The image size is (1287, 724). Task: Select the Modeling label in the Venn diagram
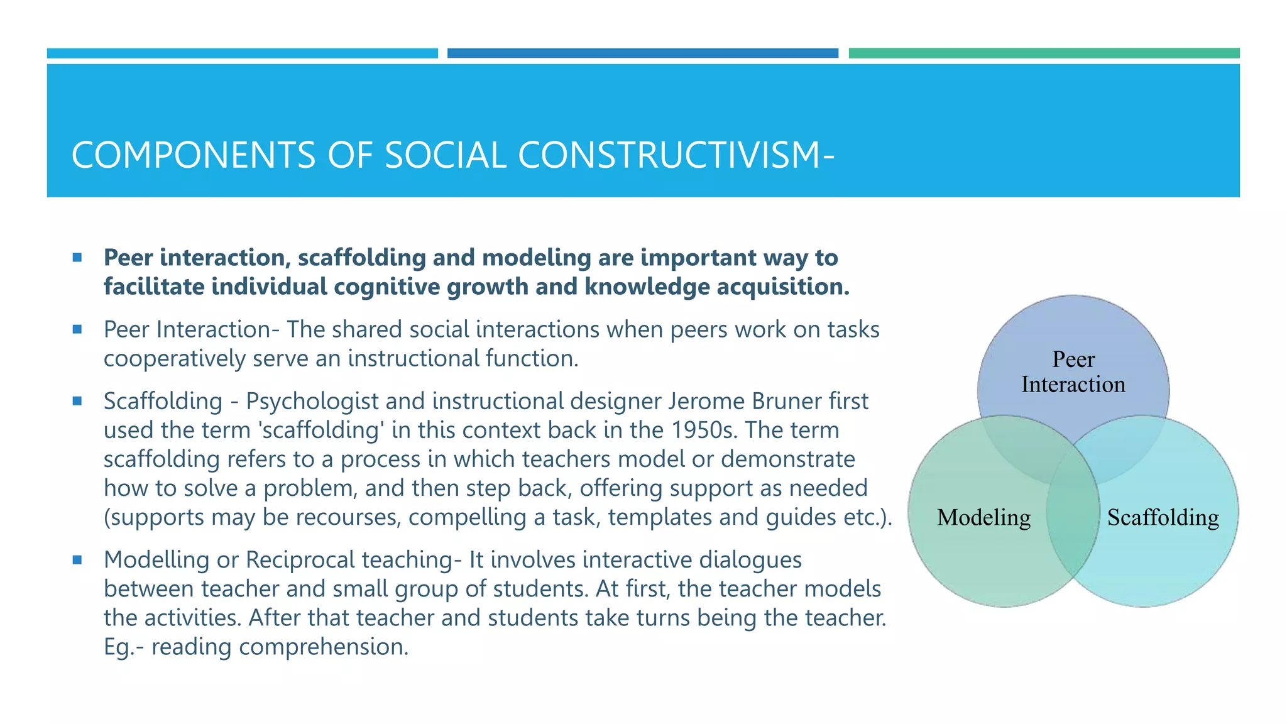(983, 517)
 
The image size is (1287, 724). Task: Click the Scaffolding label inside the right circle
(1163, 517)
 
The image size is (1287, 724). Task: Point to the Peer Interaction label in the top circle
(1073, 372)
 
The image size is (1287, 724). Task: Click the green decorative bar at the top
(1044, 53)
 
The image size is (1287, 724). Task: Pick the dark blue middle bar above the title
(642, 53)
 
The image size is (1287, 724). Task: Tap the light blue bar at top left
(242, 53)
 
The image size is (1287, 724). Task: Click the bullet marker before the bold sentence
(77, 257)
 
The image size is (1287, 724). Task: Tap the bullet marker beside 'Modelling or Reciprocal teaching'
(77, 559)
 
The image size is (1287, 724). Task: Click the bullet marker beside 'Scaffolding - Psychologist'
(77, 401)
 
